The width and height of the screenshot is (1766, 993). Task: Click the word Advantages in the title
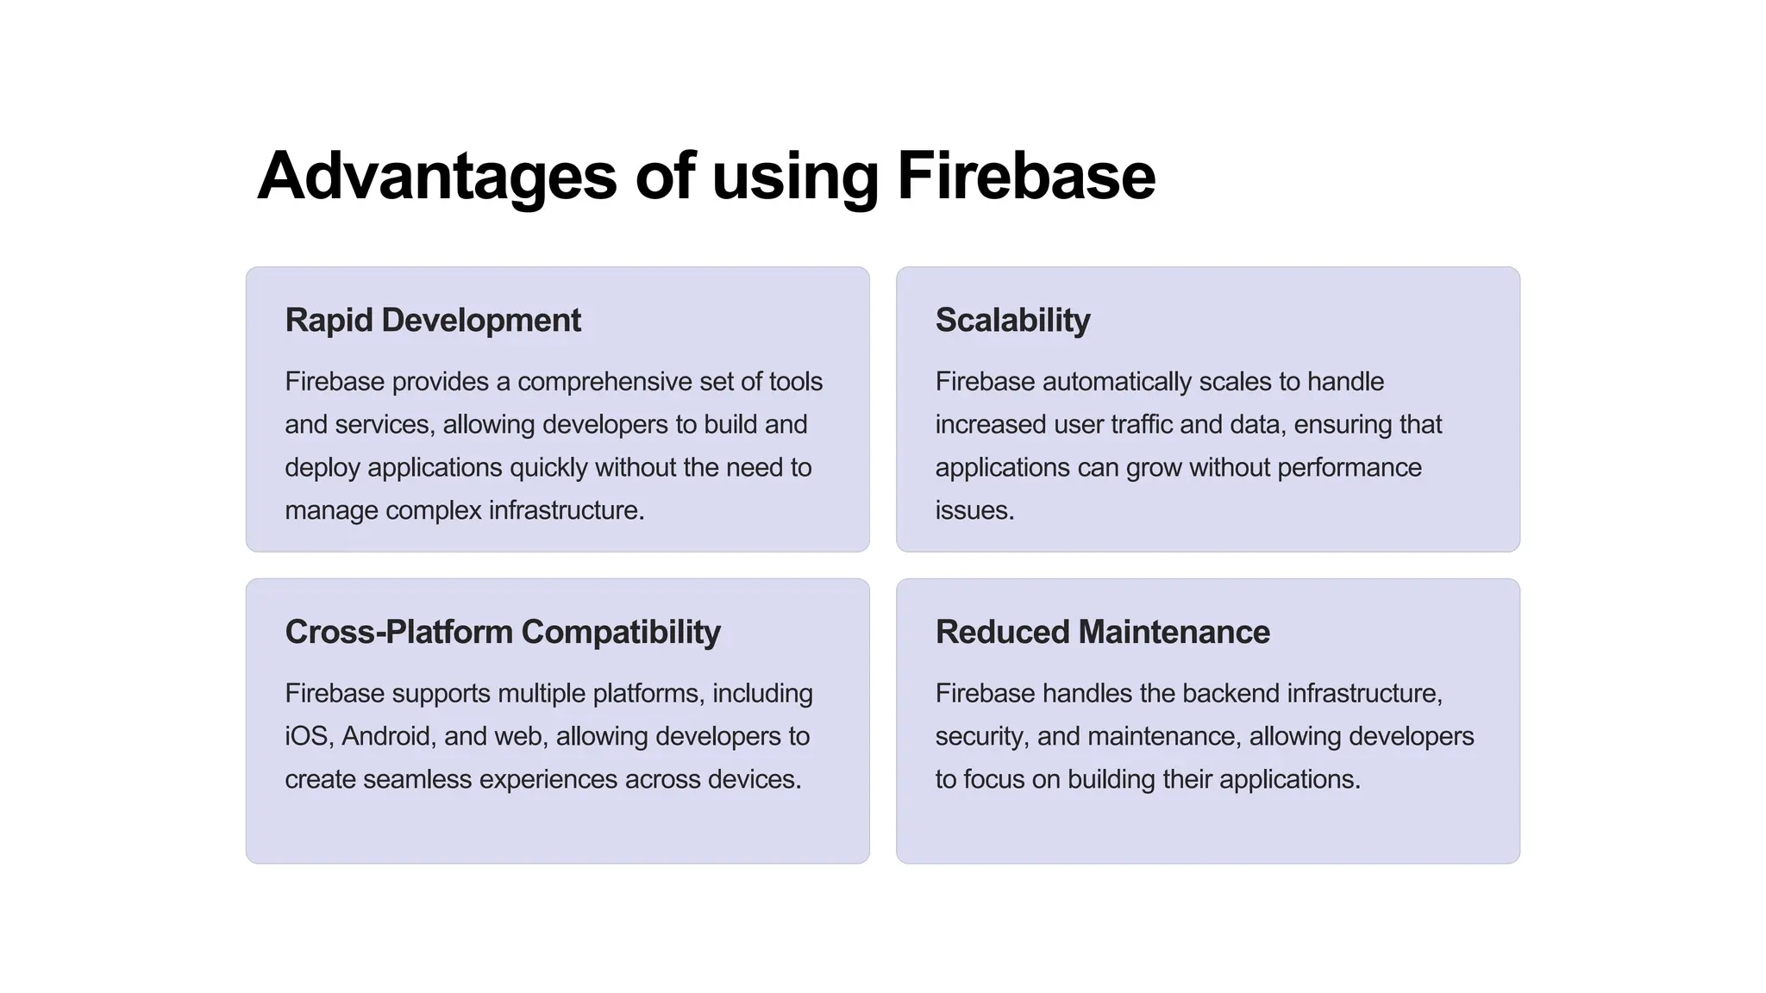pos(436,176)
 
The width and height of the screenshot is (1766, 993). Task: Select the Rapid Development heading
pos(433,320)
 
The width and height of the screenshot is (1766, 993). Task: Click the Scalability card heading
pos(1012,320)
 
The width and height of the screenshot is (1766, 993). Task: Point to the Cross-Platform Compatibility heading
pos(503,632)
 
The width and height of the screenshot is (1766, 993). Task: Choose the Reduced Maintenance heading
pos(1102,632)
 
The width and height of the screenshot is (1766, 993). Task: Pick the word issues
pos(974,510)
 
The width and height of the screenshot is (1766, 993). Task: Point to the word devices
pos(755,779)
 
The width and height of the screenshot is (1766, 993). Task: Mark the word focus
pos(993,779)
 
